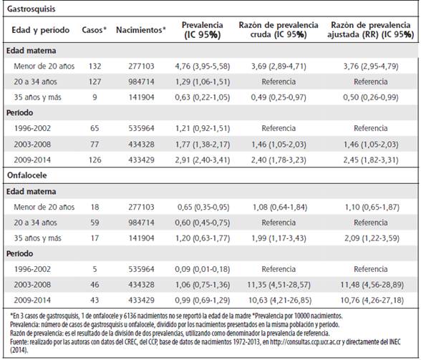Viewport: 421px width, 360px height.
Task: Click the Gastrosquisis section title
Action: click(x=32, y=9)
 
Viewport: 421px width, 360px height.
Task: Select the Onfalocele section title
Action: click(x=27, y=175)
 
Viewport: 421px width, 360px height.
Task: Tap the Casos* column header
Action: click(x=94, y=30)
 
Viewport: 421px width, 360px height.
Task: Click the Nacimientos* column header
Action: click(x=140, y=30)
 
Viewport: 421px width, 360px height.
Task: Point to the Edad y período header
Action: click(x=41, y=30)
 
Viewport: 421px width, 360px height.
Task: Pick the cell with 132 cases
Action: click(x=95, y=66)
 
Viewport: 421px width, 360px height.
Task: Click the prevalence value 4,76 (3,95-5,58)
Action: click(x=203, y=66)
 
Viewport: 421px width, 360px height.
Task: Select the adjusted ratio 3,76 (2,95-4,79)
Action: click(x=371, y=66)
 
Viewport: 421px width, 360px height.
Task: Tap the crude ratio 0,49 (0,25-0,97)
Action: click(x=279, y=97)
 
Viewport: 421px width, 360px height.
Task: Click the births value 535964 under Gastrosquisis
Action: click(x=141, y=128)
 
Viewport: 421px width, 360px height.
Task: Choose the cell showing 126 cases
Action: click(x=95, y=160)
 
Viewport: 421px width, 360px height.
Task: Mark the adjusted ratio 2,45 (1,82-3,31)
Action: click(x=371, y=160)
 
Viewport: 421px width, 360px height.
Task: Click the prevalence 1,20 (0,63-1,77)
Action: click(x=203, y=238)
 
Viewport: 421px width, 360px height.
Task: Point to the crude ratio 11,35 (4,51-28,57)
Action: click(x=279, y=285)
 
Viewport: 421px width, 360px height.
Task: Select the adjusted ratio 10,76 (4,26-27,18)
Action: click(x=372, y=300)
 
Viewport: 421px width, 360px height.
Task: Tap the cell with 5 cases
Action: click(x=95, y=269)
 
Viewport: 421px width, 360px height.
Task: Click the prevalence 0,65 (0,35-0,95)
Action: click(x=203, y=207)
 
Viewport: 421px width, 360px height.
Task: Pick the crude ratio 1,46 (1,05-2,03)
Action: click(x=279, y=145)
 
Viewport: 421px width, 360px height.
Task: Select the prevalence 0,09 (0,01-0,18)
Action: click(x=203, y=269)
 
